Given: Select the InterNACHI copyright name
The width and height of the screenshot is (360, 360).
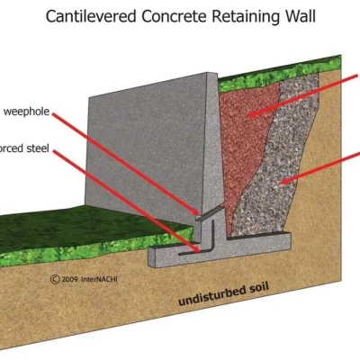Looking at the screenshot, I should pyautogui.click(x=90, y=280).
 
